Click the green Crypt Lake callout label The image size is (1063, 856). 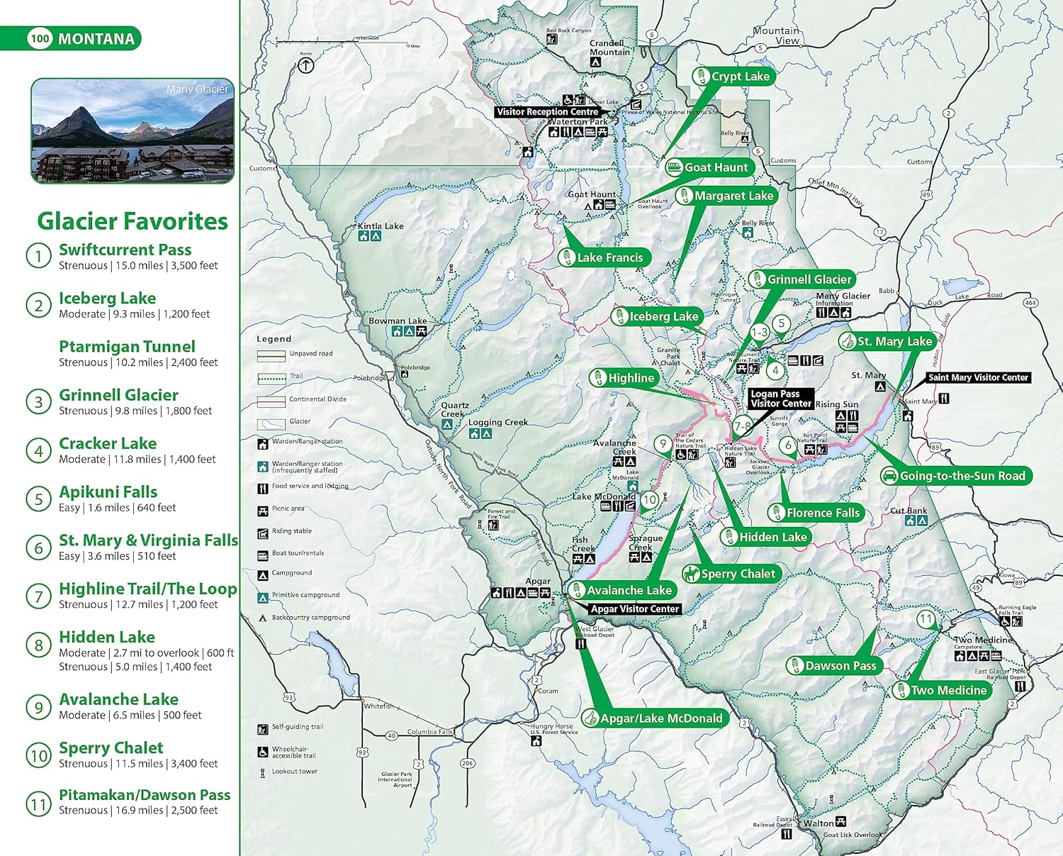731,77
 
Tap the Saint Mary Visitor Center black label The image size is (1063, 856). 978,378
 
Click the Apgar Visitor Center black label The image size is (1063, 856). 635,609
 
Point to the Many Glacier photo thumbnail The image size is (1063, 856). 133,131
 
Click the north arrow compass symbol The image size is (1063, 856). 305,65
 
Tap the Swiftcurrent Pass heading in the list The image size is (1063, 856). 125,250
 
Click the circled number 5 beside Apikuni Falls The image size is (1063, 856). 38,499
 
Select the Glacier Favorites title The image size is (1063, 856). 133,221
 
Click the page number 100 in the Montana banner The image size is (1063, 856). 40,39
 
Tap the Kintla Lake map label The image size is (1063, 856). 381,226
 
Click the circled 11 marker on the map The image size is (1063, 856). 926,619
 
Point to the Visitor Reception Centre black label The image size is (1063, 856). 548,112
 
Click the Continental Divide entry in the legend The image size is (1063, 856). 317,399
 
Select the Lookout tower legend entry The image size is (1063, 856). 294,772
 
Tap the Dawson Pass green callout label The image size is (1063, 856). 833,666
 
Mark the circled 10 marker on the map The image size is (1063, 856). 650,499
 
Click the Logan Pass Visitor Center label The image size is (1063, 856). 781,399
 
